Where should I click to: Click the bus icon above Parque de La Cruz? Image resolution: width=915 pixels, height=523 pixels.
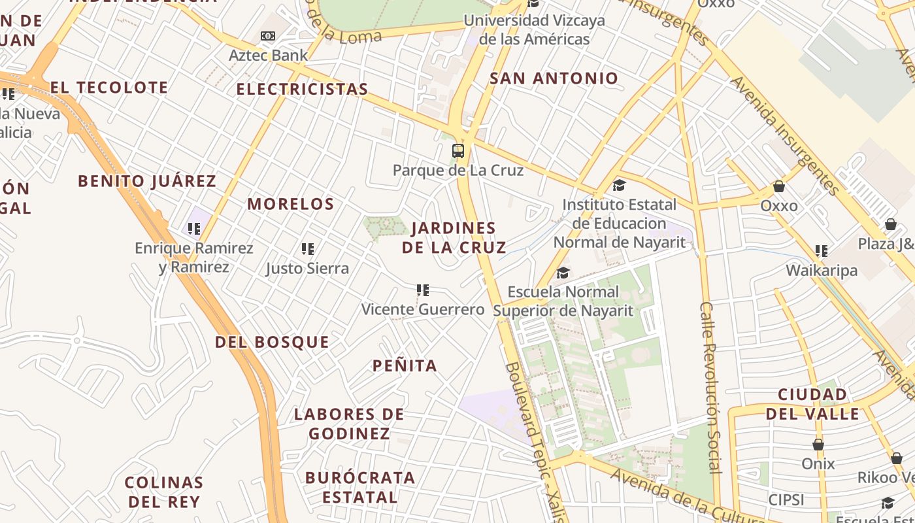[458, 151]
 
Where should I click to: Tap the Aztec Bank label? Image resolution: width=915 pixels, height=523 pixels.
[268, 56]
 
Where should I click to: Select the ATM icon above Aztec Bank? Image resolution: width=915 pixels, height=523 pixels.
[268, 36]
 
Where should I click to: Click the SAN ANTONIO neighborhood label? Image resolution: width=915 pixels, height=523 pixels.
[554, 78]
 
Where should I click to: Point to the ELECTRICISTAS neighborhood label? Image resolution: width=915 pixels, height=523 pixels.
[302, 89]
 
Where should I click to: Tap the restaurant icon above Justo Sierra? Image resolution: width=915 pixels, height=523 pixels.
[308, 249]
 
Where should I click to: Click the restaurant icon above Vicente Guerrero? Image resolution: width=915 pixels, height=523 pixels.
[423, 290]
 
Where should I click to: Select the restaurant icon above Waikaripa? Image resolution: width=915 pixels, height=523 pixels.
[822, 251]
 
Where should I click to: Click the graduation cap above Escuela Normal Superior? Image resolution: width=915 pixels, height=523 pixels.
[563, 273]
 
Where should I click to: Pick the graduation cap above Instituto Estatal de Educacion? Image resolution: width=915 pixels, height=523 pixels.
[619, 186]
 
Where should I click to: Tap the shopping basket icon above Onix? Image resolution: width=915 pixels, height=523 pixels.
[818, 445]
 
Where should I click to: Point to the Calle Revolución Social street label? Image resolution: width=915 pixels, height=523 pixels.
[710, 387]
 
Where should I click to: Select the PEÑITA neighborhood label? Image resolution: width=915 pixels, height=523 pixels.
[405, 366]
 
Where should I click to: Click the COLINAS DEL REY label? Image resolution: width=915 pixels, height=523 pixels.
[164, 492]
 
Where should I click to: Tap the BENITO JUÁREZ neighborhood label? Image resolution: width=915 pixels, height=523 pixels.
[147, 181]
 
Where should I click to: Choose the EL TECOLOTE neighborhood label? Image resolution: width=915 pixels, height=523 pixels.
[109, 88]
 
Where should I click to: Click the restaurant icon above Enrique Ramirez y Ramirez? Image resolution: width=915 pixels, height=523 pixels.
[194, 229]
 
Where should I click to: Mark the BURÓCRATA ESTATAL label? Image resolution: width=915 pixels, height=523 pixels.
[359, 487]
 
